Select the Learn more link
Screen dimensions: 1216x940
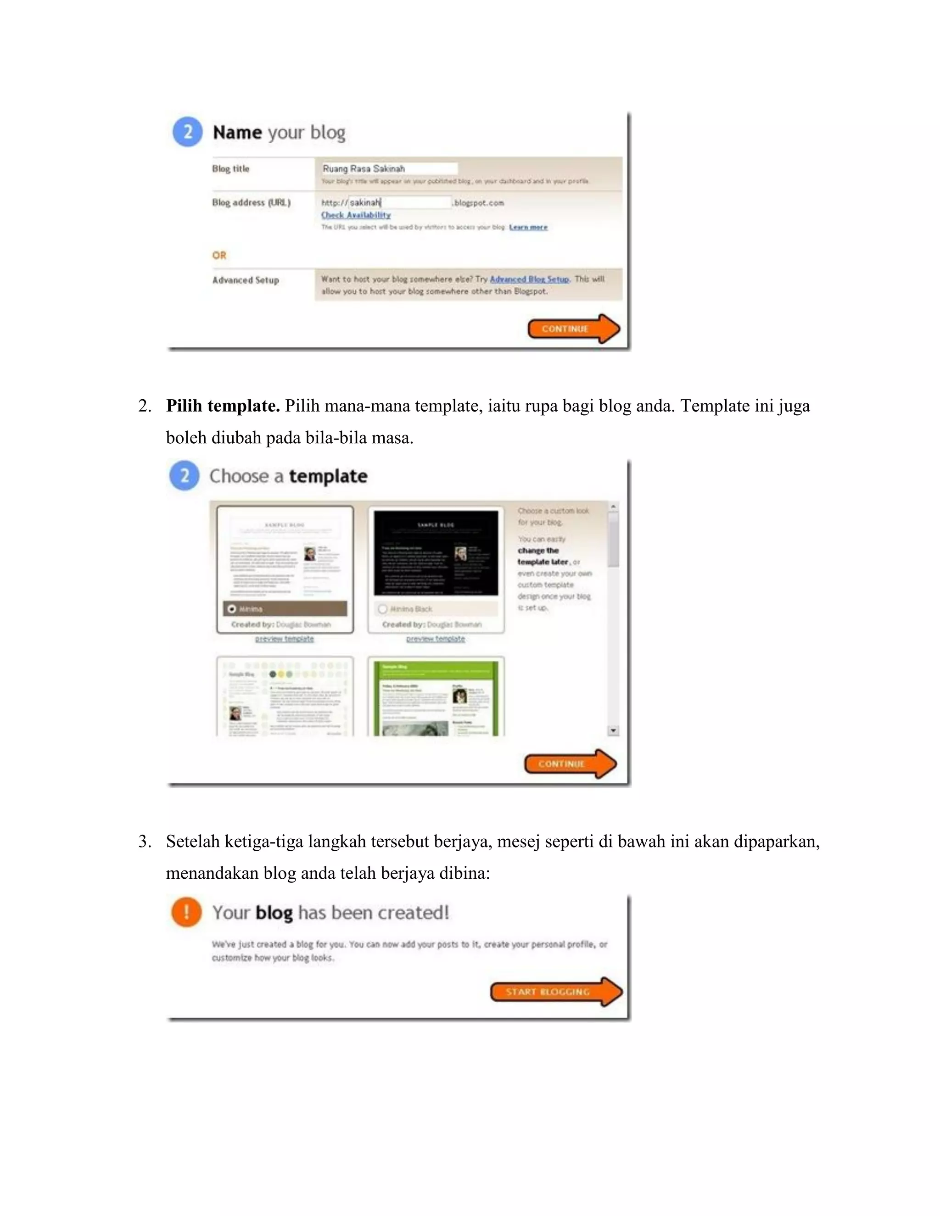tap(528, 227)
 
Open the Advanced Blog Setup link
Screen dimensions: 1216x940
tap(529, 279)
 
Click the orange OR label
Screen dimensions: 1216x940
tap(219, 256)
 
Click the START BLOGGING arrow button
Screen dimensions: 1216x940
tap(556, 992)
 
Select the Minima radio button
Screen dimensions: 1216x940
tap(232, 609)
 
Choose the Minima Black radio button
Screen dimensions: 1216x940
tap(383, 609)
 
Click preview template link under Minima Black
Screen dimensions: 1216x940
tap(436, 639)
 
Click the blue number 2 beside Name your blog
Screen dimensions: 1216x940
tap(188, 132)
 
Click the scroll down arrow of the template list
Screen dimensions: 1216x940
tap(613, 731)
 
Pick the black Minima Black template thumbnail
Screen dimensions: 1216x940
tap(436, 553)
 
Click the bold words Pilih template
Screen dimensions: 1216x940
tap(223, 406)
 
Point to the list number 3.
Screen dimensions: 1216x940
tap(144, 841)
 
